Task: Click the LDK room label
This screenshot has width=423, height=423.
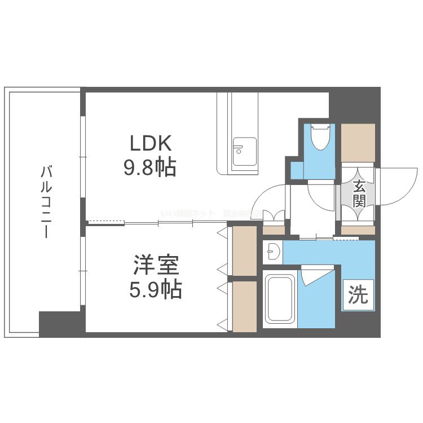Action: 150,144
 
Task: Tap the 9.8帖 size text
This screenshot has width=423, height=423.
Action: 150,168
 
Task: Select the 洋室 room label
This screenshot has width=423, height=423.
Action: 156,265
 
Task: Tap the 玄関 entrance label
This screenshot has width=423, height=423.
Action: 358,193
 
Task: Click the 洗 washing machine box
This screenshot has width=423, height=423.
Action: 358,295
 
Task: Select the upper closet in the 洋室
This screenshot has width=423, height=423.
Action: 244,250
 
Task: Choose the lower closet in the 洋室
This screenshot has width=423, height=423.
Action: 244,306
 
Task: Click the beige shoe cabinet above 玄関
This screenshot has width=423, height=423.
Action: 358,142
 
